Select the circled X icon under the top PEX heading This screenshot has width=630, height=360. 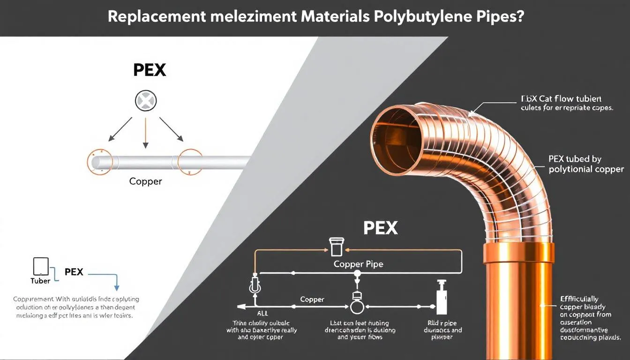point(146,101)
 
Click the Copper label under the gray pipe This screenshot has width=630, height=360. point(145,181)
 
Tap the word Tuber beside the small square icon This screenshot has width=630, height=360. point(40,281)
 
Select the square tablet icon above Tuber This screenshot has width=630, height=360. point(41,266)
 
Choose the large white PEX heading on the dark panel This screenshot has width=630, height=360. point(380,228)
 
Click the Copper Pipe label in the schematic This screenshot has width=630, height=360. point(358,264)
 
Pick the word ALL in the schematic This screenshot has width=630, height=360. point(262,314)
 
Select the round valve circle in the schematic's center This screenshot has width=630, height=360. point(357,307)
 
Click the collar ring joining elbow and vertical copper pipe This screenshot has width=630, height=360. point(518,253)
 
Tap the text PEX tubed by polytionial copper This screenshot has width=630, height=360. point(586,164)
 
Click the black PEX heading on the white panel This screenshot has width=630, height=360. point(150,70)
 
